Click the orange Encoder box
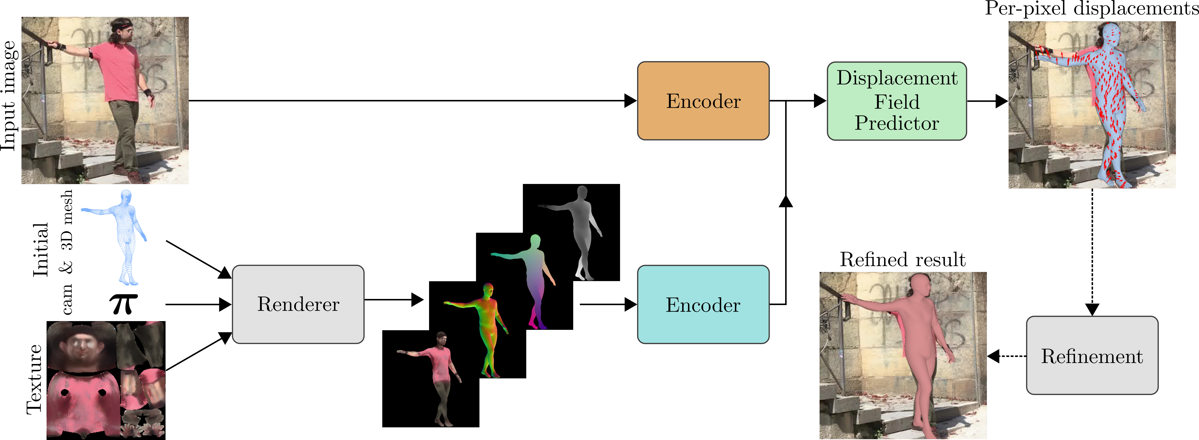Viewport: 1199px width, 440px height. pos(703,101)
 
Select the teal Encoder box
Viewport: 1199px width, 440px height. pos(703,305)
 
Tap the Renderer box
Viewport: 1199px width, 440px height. pos(298,304)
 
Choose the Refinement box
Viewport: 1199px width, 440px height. pos(1092,356)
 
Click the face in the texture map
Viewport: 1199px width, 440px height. pos(81,347)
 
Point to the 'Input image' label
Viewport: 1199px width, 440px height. pos(9,95)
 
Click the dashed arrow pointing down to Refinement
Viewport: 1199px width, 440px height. pos(1092,251)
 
